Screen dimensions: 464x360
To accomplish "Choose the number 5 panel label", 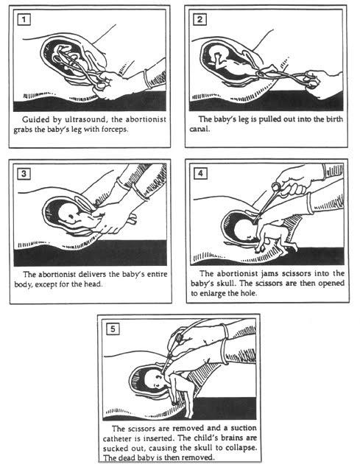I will click(x=113, y=328).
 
